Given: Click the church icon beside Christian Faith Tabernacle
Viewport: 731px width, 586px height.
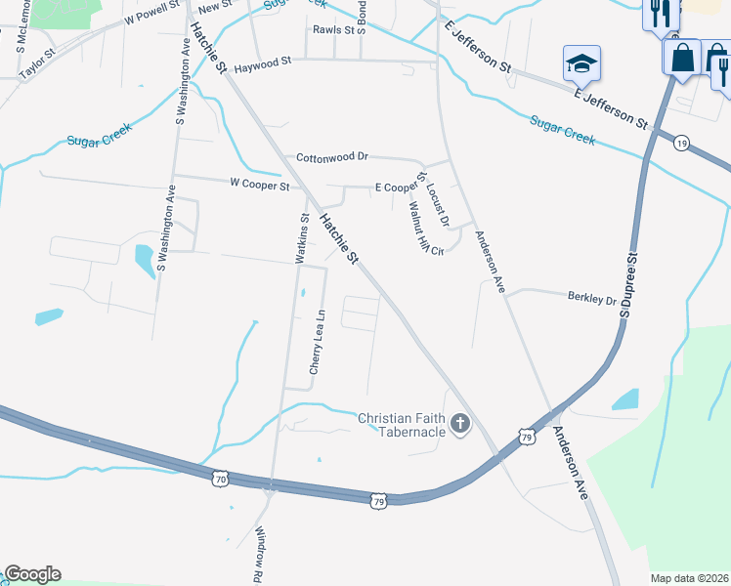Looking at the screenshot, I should coord(459,423).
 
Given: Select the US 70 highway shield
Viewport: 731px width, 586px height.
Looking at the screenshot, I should coord(220,479).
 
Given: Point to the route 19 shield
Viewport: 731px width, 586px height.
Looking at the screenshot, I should coord(681,143).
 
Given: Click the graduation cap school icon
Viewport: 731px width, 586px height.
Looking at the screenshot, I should coord(581,63).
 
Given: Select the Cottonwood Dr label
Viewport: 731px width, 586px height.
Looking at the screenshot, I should coord(331,156).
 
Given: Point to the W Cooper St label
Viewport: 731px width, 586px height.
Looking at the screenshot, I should coord(259,184).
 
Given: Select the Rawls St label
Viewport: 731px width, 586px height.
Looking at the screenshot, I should coord(332,29).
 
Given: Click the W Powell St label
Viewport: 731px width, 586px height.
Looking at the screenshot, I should coord(152,12).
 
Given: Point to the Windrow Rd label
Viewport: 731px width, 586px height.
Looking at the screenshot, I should coord(260,551).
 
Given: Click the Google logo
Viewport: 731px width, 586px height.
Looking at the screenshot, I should coord(32,574).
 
